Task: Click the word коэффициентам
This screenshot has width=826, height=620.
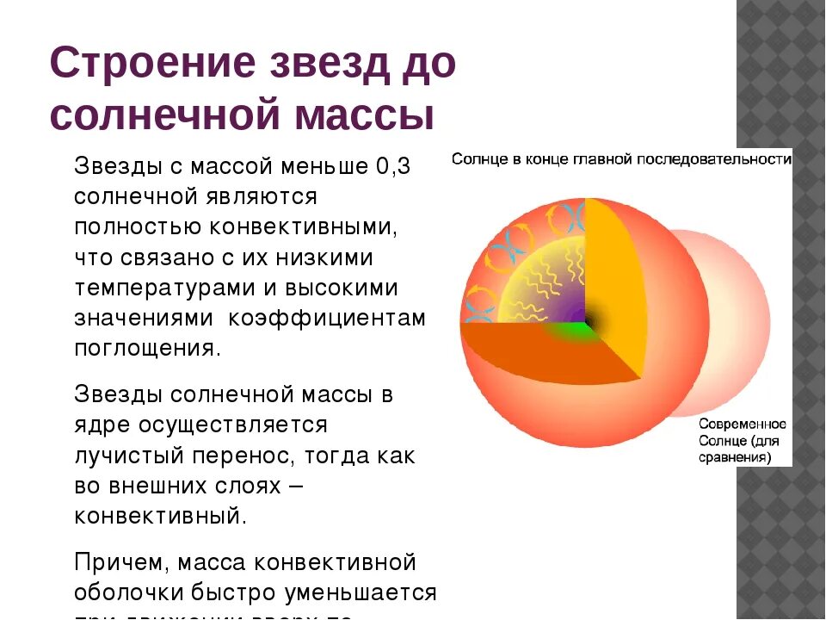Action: (x=326, y=318)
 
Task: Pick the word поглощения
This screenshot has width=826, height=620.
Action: (x=147, y=348)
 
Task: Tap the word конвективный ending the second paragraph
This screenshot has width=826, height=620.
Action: (x=160, y=516)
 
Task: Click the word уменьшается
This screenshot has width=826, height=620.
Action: (x=370, y=593)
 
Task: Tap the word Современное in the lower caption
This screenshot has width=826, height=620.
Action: (x=743, y=425)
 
